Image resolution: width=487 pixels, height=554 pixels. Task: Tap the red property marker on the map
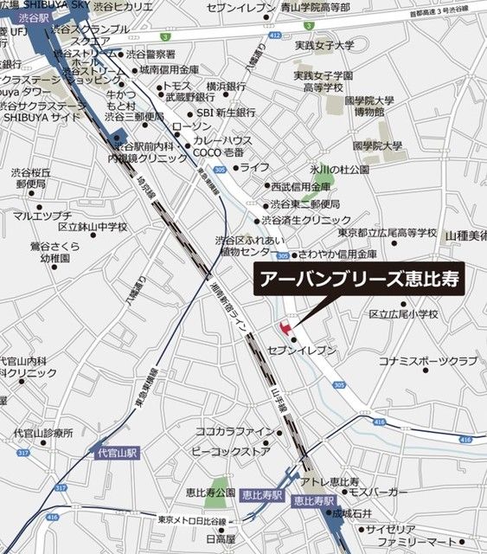[x=280, y=327]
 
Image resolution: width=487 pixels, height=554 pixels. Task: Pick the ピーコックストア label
[x=234, y=450]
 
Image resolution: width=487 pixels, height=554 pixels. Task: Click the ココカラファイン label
[x=235, y=430]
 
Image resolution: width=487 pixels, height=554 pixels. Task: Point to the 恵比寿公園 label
[x=209, y=493]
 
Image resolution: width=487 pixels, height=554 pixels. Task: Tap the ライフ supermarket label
[x=254, y=167]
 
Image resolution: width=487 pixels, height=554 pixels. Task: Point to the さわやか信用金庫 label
[x=337, y=255]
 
